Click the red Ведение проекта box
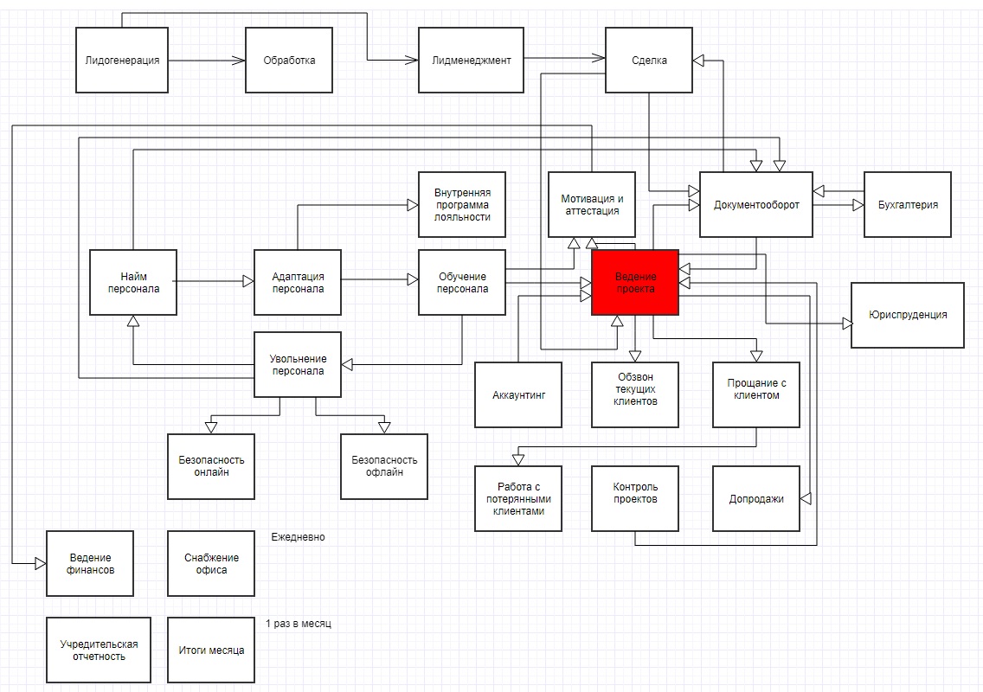635,282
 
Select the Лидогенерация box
122,61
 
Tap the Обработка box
289,61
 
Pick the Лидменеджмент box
472,61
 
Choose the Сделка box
649,61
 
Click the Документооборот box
756,204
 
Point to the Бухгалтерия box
908,204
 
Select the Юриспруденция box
907,315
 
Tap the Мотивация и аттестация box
592,204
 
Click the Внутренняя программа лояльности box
462,204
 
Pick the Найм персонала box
133,282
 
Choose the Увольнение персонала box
298,364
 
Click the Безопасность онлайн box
211,466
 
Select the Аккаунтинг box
518,395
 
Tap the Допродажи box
756,499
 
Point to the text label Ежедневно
298,537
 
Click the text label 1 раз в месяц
299,624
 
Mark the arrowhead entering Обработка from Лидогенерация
239,61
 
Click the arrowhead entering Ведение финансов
41,563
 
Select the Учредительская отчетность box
99,650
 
